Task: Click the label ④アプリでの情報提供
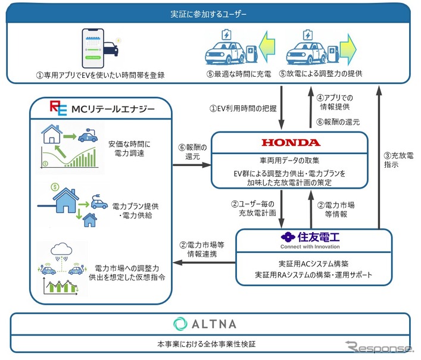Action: click(332, 102)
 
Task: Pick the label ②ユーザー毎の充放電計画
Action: click(254, 208)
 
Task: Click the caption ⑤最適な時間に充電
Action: click(231, 74)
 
